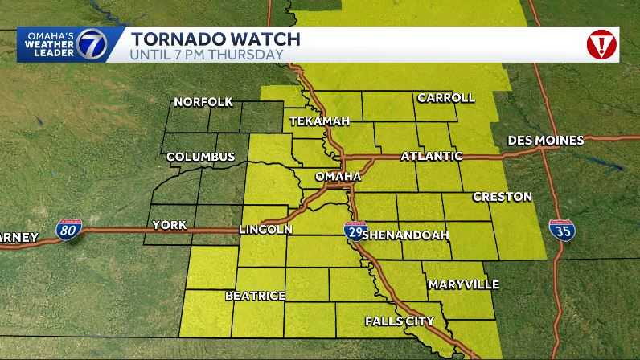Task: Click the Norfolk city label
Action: [x=203, y=102]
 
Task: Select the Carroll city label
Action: [x=445, y=98]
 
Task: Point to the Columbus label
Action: [x=201, y=157]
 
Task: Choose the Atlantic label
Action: [x=432, y=156]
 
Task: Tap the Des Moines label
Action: [x=546, y=141]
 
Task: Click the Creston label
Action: [x=503, y=197]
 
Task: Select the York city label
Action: [x=169, y=226]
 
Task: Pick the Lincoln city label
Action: [x=265, y=230]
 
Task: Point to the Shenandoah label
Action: [x=405, y=235]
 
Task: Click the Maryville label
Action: [x=464, y=284]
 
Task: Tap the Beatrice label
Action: [x=256, y=296]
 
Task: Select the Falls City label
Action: [x=400, y=321]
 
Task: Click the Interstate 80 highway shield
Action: [x=68, y=231]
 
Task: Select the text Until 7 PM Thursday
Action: [x=207, y=55]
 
